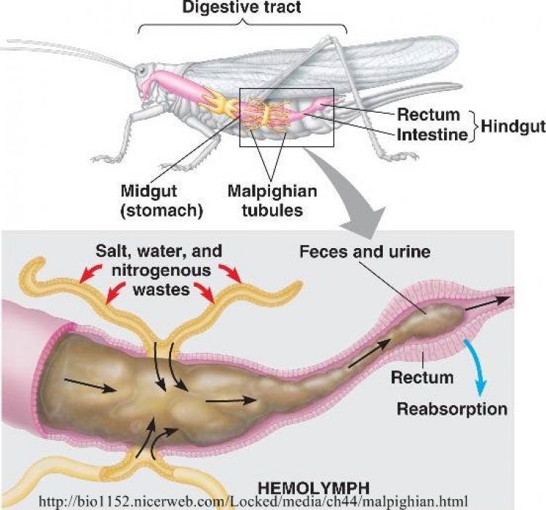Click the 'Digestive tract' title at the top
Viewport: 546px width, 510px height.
tap(242, 9)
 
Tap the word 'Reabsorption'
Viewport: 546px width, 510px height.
tap(451, 409)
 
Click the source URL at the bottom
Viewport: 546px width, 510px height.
tap(264, 501)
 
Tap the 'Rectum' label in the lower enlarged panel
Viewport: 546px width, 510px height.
tap(422, 378)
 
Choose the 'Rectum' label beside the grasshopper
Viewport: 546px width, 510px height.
tap(428, 114)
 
